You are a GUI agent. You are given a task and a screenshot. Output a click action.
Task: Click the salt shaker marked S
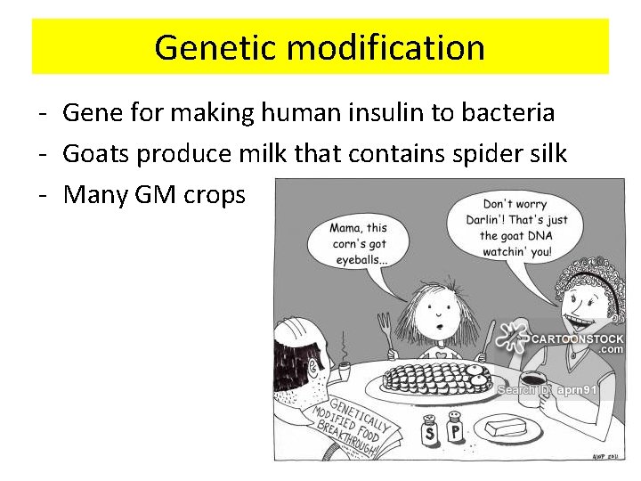click(431, 430)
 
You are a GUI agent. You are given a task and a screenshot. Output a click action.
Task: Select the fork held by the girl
click(385, 330)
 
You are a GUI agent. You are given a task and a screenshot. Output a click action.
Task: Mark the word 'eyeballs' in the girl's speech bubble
click(361, 259)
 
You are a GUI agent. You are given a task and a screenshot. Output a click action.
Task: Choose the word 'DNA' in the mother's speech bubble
click(543, 236)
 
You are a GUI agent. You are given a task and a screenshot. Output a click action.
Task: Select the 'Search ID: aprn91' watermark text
click(547, 389)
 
